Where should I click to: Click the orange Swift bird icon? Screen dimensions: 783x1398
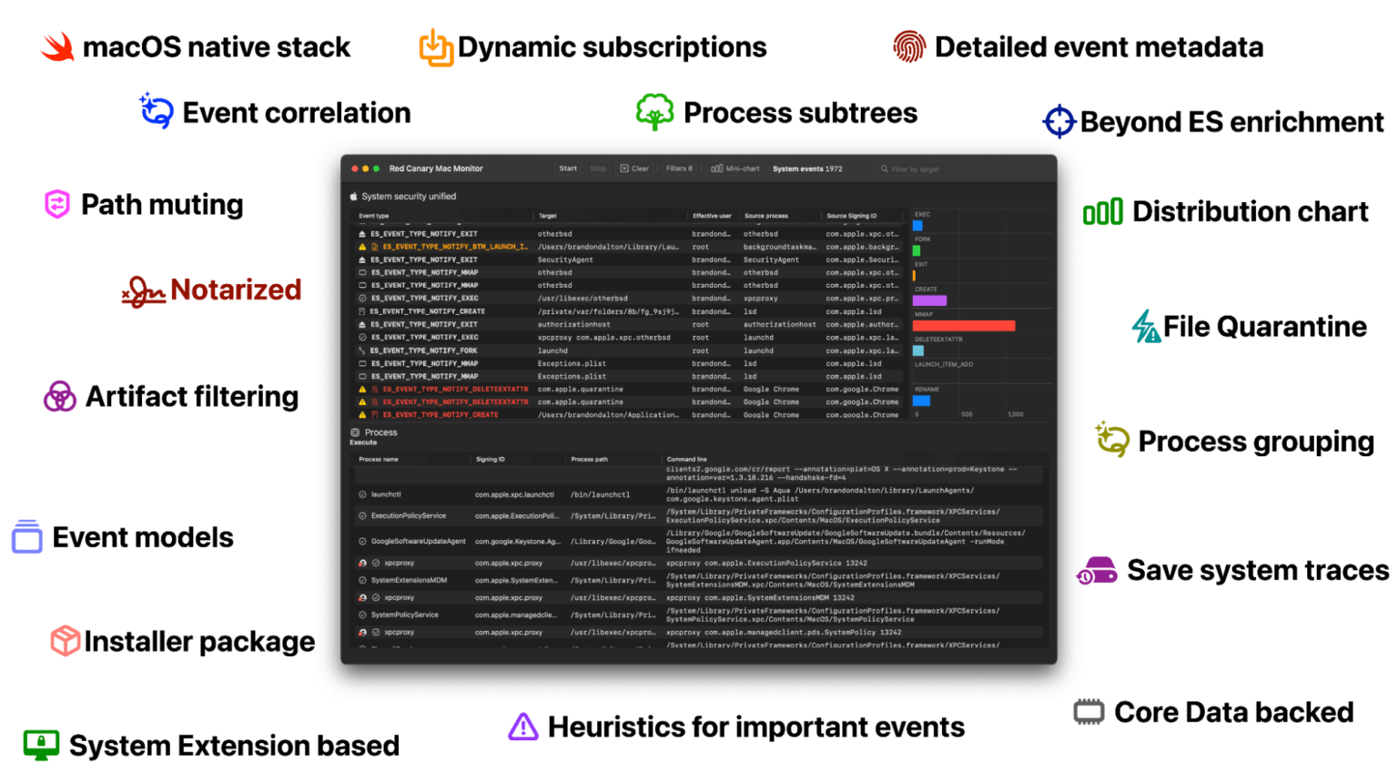click(x=57, y=46)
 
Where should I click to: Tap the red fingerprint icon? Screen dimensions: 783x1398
click(x=908, y=46)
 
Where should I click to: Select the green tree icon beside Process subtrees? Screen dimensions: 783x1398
click(x=654, y=112)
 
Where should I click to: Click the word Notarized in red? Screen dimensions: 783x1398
click(x=236, y=290)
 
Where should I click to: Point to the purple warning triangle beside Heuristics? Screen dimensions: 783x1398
click(x=523, y=727)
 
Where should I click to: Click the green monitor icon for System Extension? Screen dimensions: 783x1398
click(x=41, y=745)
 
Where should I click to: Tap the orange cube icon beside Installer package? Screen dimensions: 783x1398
click(x=65, y=641)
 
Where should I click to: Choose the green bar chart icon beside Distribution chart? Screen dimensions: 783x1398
click(x=1102, y=212)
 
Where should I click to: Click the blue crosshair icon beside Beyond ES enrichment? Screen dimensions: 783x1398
click(x=1059, y=121)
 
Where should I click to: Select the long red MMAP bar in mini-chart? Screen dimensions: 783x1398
click(x=963, y=325)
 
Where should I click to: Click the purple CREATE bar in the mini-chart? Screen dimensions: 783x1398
click(x=929, y=300)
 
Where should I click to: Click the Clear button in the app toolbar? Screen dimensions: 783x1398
click(x=635, y=168)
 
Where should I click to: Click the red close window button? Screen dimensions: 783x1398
click(x=355, y=168)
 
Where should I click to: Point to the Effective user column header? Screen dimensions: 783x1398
click(x=712, y=216)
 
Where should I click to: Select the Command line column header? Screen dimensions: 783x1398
click(x=686, y=459)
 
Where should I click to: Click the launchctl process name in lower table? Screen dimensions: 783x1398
click(x=386, y=494)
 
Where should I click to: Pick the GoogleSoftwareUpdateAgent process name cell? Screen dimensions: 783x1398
click(x=418, y=541)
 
